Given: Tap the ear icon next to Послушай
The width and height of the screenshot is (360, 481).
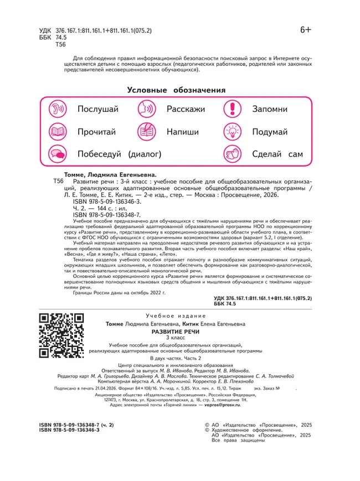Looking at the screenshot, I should [x=58, y=109].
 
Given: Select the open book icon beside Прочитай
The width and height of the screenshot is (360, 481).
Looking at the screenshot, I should [x=58, y=132].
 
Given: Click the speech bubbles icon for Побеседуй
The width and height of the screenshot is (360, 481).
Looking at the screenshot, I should [x=58, y=153].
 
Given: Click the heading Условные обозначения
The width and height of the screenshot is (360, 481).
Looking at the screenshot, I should [x=176, y=90].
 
